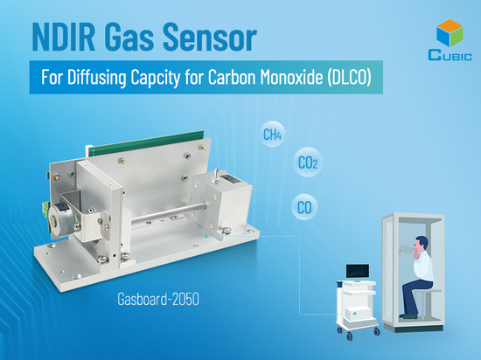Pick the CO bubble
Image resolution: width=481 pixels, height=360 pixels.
click(x=305, y=208)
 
